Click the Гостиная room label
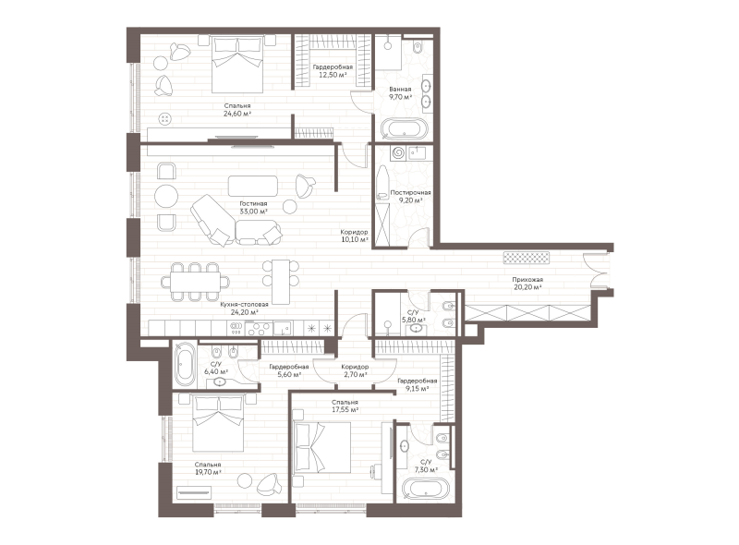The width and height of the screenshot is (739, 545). click(253, 203)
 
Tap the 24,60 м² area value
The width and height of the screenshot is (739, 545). click(237, 114)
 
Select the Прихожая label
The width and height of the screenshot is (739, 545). click(527, 280)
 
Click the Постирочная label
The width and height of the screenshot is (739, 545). click(410, 192)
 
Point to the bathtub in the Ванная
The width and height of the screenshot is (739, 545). click(405, 128)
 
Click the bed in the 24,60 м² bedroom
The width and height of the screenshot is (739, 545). click(237, 65)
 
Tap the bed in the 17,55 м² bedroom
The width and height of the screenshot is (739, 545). click(321, 447)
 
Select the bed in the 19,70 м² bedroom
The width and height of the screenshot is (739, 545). click(218, 423)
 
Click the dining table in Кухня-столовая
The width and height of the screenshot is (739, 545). click(196, 283)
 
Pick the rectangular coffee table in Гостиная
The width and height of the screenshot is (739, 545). click(253, 186)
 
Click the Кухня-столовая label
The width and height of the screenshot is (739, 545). click(244, 305)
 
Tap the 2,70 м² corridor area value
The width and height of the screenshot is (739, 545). click(355, 375)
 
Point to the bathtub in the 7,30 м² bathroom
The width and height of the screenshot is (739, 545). click(426, 489)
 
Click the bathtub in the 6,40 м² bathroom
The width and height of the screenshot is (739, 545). click(185, 365)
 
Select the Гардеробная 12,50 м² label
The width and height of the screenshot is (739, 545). click(333, 71)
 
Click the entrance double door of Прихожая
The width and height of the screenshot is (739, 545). click(595, 270)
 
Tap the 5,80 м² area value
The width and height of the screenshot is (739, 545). click(413, 320)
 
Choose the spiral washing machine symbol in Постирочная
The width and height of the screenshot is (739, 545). click(398, 153)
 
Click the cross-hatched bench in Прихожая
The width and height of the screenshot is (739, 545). click(527, 258)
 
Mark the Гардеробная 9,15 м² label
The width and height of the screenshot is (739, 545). click(418, 384)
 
